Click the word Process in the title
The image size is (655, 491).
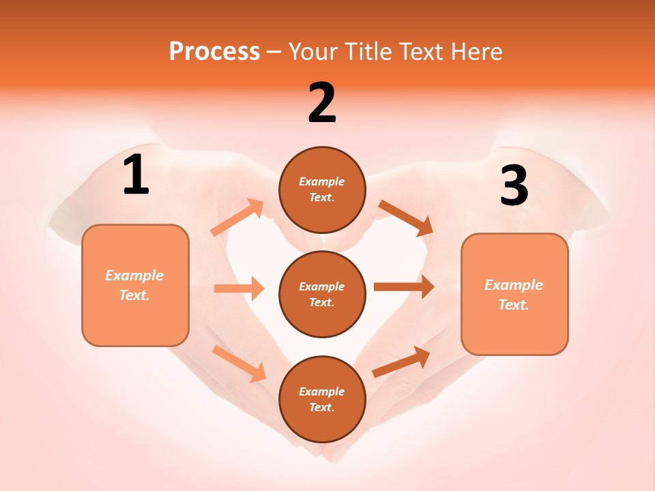click(x=214, y=51)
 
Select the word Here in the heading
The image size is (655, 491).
click(x=476, y=51)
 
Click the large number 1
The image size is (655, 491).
click(x=136, y=175)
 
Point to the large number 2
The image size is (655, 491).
click(x=322, y=104)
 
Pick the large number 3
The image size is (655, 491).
click(x=514, y=186)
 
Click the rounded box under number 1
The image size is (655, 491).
click(x=135, y=285)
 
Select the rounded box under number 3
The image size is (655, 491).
click(x=514, y=294)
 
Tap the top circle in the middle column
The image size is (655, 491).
click(x=322, y=190)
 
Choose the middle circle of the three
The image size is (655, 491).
click(x=322, y=294)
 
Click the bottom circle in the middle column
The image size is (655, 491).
click(x=322, y=399)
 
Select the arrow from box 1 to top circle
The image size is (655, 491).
click(x=237, y=218)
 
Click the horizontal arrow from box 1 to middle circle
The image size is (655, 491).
click(x=239, y=288)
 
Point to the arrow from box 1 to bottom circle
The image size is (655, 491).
click(x=239, y=363)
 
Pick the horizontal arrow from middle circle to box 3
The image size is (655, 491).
click(x=404, y=287)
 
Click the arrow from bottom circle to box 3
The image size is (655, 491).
click(x=401, y=361)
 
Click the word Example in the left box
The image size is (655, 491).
click(x=134, y=276)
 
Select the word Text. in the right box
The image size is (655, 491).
click(x=514, y=305)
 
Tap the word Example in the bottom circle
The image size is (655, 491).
click(x=322, y=391)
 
